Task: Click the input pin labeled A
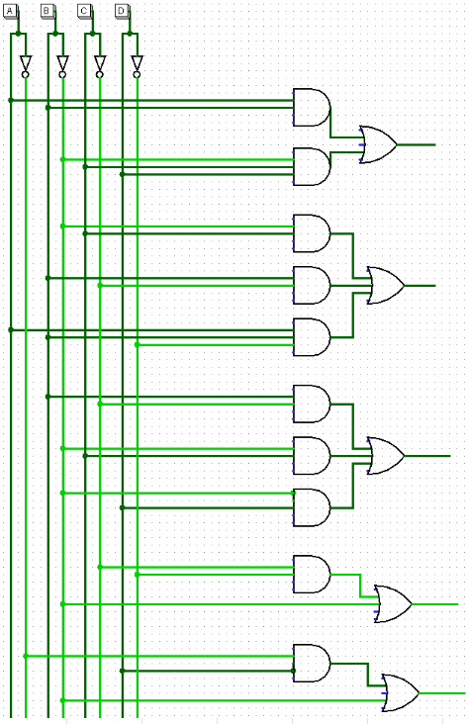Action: point(12,11)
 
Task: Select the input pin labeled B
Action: point(48,11)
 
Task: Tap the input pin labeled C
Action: point(85,11)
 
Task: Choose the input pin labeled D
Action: point(122,11)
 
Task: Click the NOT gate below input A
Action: point(26,64)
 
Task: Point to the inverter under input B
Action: point(62,64)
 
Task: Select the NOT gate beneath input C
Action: point(99,64)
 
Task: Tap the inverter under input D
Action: point(137,64)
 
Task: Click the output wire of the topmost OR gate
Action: point(417,143)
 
